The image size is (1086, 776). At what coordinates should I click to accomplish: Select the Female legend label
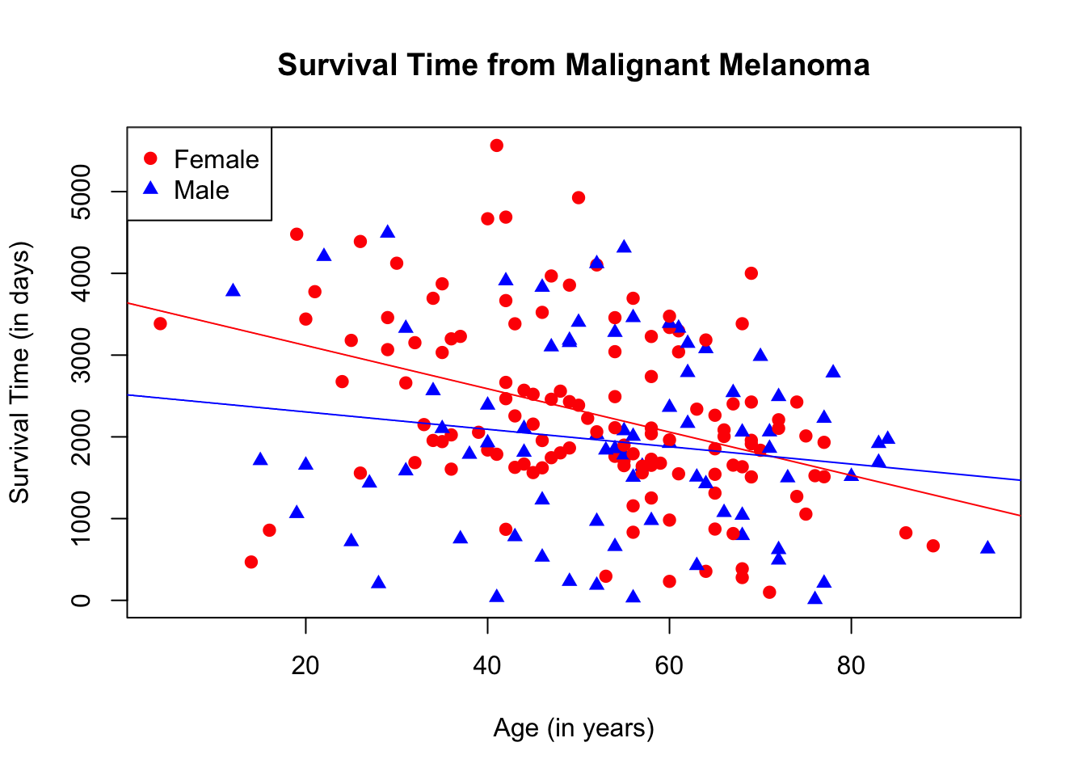click(x=217, y=159)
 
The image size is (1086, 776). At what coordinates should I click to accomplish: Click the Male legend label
click(x=202, y=190)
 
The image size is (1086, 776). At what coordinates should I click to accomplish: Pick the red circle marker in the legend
click(x=150, y=158)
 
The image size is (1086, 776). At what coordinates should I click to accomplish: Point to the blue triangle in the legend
click(x=150, y=188)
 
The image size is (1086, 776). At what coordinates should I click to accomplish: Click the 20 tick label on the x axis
click(x=305, y=665)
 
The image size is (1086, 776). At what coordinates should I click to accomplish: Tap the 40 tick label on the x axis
click(x=487, y=665)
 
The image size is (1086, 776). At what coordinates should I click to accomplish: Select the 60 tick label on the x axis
click(x=669, y=665)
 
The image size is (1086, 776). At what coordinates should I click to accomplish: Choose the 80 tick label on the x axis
click(x=851, y=665)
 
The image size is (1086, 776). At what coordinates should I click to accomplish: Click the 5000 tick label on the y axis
click(x=81, y=192)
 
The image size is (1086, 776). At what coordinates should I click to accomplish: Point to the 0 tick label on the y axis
click(x=81, y=600)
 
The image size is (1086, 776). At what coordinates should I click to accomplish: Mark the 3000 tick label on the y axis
click(x=81, y=355)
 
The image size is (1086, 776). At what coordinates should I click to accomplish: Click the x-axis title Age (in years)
click(x=574, y=728)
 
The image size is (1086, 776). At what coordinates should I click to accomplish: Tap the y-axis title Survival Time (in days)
click(x=19, y=372)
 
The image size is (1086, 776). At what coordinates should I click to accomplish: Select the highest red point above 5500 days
click(x=497, y=145)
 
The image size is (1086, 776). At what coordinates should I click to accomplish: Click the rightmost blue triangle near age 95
click(x=987, y=547)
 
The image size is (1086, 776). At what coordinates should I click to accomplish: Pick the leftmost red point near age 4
click(x=160, y=323)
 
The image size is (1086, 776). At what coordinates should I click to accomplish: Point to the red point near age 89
click(x=933, y=546)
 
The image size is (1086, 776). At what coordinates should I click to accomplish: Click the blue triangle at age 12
click(x=233, y=290)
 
